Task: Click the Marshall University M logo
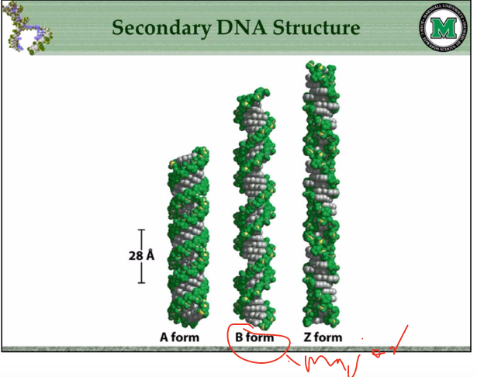(x=443, y=29)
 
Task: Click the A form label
(x=179, y=337)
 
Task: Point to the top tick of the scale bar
(x=142, y=230)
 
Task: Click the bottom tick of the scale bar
(x=142, y=282)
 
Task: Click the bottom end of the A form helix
(x=185, y=321)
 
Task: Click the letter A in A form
(x=164, y=337)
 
